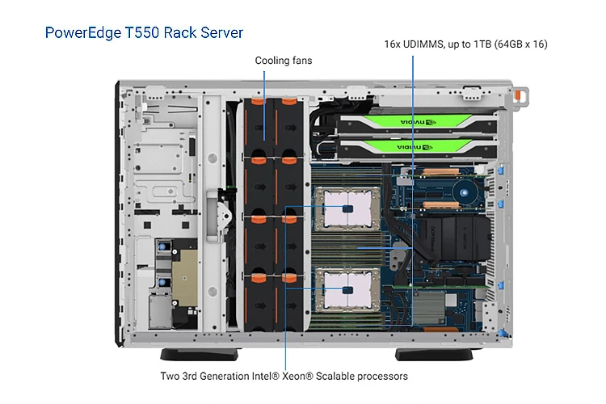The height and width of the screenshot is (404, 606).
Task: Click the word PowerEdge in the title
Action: (x=79, y=33)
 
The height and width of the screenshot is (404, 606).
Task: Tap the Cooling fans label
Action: (x=284, y=61)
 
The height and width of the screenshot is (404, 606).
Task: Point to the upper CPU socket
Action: (x=347, y=208)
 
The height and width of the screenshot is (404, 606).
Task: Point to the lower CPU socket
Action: (x=347, y=288)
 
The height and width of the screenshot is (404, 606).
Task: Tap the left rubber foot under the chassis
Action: (x=201, y=354)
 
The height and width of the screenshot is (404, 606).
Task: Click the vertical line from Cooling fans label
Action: (x=265, y=105)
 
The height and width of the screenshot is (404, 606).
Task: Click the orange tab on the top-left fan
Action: (x=256, y=103)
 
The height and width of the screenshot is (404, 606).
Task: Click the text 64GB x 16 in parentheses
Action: (x=520, y=44)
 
